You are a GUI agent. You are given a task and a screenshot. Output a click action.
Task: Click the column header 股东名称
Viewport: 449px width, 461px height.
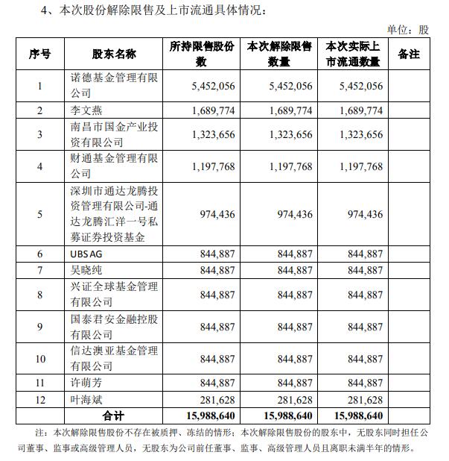pos(114,54)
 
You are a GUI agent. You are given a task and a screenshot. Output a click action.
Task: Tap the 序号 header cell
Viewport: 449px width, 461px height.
pos(39,54)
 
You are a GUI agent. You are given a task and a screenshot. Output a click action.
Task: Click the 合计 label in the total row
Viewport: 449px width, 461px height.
pos(114,415)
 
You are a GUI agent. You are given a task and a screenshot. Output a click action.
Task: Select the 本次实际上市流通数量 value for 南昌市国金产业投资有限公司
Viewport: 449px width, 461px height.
pos(356,135)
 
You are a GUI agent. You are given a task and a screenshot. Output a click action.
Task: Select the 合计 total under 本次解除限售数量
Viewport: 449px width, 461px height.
pos(281,415)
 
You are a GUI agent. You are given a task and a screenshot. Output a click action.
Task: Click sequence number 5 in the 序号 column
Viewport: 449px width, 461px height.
pos(39,214)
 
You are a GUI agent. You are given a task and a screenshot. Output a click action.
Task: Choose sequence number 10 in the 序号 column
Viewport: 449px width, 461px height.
pos(39,359)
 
